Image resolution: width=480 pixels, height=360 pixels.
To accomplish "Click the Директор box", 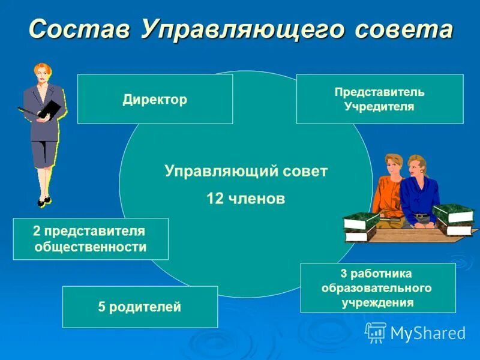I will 155,99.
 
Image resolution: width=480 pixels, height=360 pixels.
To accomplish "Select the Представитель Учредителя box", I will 379,99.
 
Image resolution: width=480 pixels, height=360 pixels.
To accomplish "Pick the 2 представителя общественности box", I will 90,239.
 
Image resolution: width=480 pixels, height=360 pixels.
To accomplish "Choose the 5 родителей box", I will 140,307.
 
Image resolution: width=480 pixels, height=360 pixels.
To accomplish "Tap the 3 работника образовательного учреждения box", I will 377,288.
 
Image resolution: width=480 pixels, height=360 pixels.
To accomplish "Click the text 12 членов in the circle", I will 245,199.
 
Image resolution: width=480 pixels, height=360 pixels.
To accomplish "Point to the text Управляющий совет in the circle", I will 246,172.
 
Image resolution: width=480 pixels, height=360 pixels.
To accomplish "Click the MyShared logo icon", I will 376,332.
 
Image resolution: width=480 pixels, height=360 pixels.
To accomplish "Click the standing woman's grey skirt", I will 43,153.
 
